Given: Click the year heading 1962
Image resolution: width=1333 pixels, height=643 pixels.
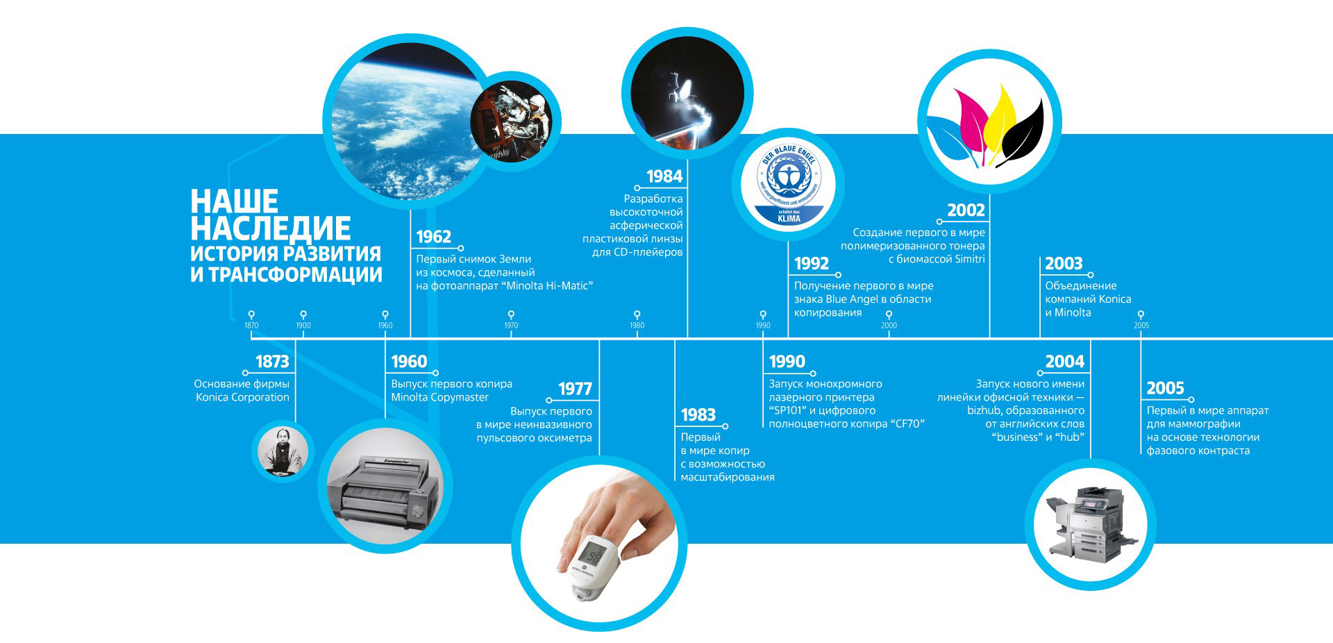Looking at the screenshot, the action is [x=433, y=237].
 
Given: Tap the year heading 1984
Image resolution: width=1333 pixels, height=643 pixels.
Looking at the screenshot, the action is [x=664, y=176].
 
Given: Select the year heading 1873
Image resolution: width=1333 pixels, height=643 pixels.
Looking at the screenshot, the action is [x=272, y=362].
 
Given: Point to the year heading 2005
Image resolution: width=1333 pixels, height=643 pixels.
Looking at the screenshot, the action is [x=1165, y=388].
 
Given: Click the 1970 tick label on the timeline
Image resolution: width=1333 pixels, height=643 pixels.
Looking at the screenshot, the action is [x=511, y=326].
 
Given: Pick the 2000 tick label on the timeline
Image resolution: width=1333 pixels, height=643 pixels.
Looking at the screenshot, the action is [x=889, y=326].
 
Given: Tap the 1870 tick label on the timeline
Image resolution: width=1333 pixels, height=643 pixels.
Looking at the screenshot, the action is [x=251, y=326].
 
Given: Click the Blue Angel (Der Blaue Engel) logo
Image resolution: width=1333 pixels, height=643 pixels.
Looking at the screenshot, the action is [x=788, y=185].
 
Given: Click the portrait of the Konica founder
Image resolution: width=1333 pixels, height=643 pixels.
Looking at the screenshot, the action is [x=283, y=452].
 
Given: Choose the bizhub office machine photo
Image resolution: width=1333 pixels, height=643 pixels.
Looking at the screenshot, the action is [x=1090, y=524].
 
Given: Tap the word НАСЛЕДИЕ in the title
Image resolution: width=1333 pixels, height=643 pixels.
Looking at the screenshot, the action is [x=271, y=228].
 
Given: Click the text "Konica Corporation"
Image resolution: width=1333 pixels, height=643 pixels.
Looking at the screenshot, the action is [x=242, y=397].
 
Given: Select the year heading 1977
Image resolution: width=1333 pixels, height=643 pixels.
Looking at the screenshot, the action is [x=575, y=389].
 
